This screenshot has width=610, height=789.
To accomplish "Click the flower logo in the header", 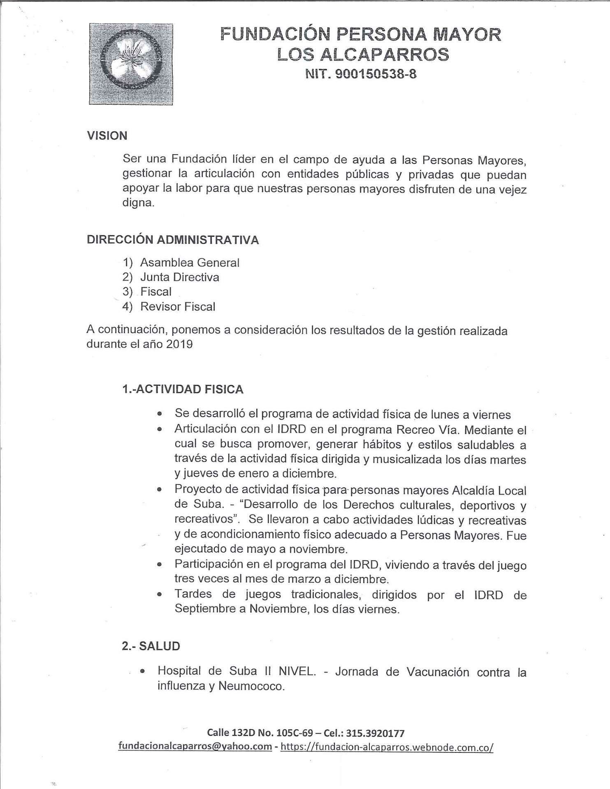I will pos(131,64).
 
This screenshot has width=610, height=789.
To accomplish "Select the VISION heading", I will pos(107,136).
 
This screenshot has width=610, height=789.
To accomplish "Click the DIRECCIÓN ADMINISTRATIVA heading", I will pos(173,240).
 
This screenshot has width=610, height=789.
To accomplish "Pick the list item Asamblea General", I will pos(190,263).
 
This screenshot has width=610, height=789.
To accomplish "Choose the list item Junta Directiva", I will pos(180,277).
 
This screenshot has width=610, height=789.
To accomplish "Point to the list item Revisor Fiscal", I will pos(178,307).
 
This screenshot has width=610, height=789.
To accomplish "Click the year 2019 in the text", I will pos(179,344).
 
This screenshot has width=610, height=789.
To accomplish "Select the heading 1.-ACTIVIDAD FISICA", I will pos(183,389).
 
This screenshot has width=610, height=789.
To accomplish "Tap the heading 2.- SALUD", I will pos(151,646).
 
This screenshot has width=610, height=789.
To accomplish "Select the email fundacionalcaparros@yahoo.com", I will pos(195,746).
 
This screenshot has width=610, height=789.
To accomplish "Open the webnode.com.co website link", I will pos(387,747).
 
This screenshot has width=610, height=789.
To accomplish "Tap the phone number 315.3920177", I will pos(375,733).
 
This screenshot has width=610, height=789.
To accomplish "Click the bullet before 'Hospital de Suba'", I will pos(142,671).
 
